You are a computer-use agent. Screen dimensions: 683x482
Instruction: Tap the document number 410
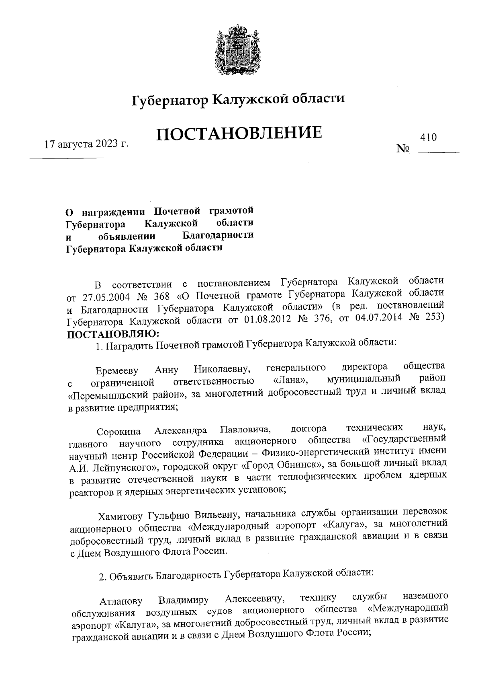pyautogui.click(x=428, y=138)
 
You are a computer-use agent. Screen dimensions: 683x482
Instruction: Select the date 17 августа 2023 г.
pyautogui.click(x=86, y=144)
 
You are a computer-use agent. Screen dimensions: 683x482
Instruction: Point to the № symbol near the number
pyautogui.click(x=402, y=149)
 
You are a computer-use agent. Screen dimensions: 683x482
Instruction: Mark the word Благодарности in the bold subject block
pyautogui.click(x=218, y=235)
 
